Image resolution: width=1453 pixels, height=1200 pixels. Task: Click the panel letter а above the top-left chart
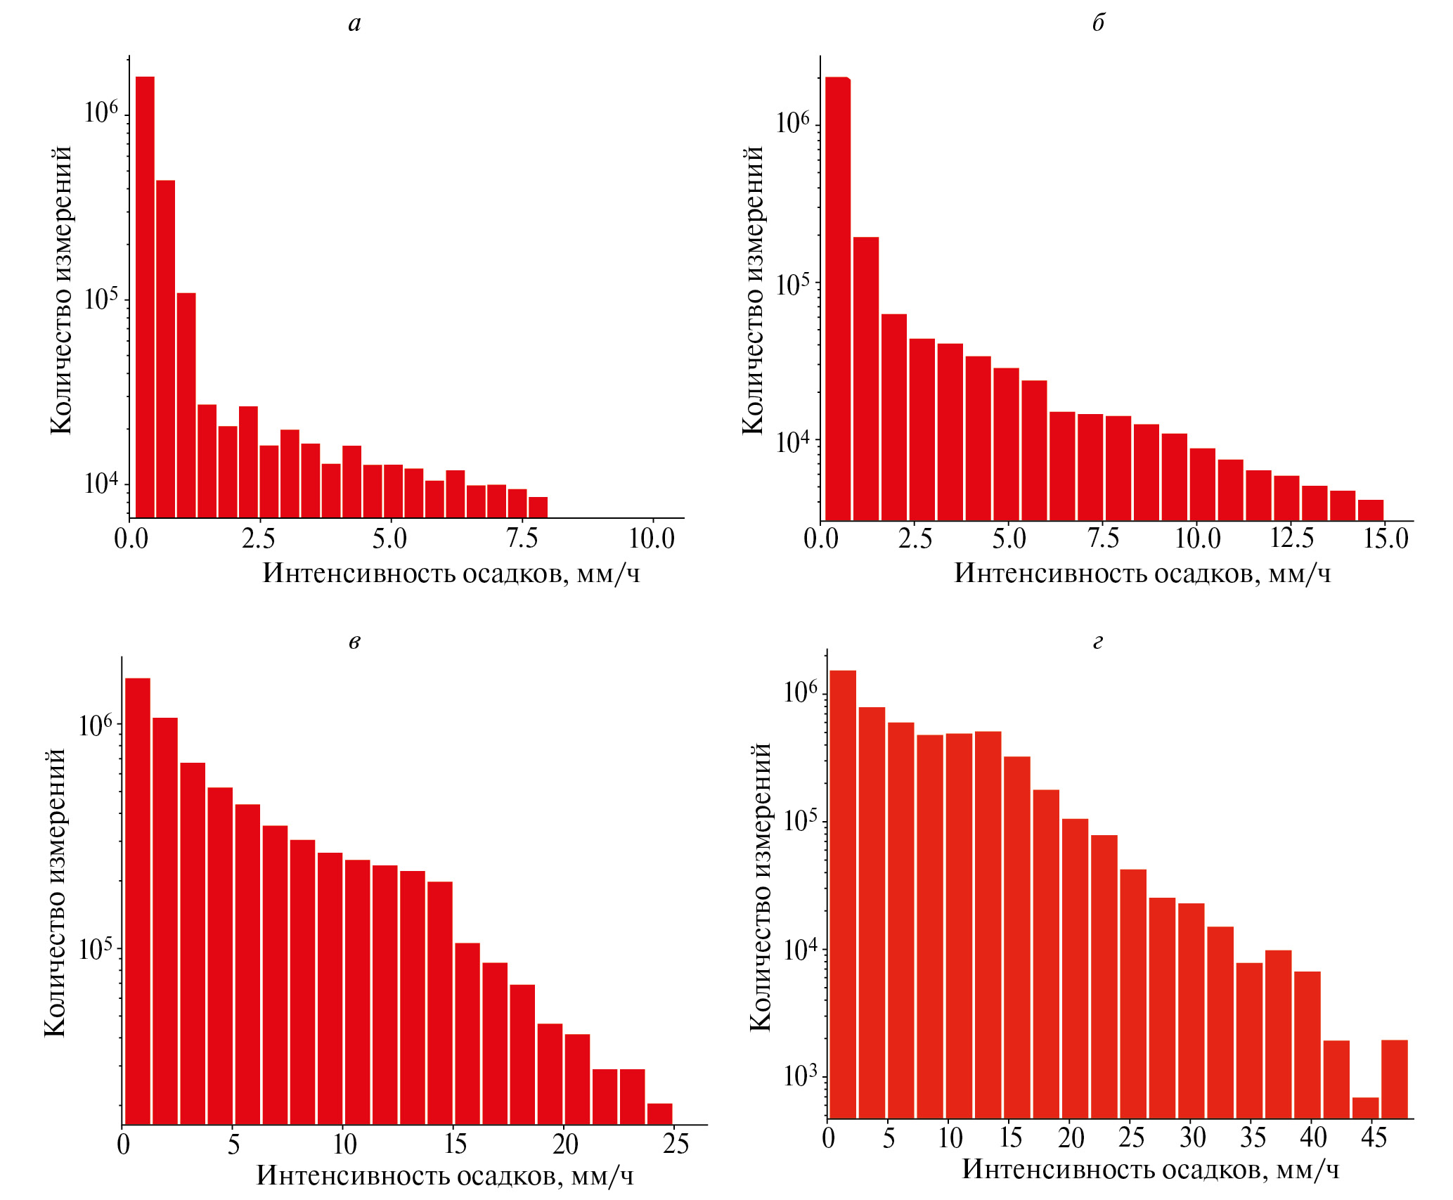[354, 24]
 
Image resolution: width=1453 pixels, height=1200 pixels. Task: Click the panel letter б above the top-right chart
[1098, 22]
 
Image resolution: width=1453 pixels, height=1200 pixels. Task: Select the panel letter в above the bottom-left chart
[354, 641]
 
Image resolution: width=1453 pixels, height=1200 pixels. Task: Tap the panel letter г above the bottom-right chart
[1098, 641]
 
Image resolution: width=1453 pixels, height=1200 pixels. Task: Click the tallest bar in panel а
[145, 295]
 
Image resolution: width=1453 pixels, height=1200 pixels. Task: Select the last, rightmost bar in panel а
[538, 507]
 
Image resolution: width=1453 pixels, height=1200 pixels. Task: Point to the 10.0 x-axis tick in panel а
[652, 538]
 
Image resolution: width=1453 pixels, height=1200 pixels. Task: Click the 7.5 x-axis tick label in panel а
[522, 538]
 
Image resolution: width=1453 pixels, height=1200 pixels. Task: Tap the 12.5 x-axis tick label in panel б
[1292, 538]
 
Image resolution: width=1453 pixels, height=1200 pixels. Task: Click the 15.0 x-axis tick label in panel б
[1386, 538]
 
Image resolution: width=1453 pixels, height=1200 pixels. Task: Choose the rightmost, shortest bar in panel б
[1370, 510]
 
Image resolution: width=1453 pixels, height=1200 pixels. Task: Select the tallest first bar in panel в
[138, 900]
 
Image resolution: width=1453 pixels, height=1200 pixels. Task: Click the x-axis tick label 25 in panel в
[675, 1144]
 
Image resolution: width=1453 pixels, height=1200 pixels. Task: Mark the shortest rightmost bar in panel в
[659, 1114]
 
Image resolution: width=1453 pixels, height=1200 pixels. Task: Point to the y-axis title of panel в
[55, 893]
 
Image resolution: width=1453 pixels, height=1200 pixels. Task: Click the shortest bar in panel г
[1365, 1107]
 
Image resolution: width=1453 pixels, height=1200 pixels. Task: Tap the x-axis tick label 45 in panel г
[1374, 1137]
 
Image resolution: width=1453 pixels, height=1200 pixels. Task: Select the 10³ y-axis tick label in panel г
[801, 1076]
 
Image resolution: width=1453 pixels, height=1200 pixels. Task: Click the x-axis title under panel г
[1150, 1169]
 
